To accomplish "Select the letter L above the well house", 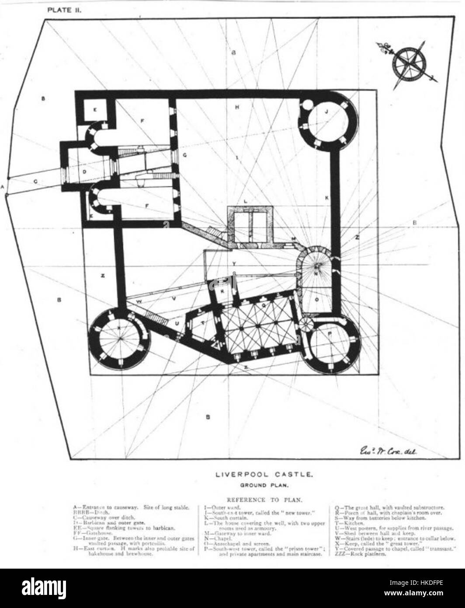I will [246, 201].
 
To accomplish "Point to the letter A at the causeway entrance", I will [3, 186].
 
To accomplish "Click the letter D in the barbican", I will [84, 172].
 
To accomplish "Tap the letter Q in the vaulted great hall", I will [263, 307].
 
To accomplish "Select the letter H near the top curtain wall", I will [236, 107].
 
